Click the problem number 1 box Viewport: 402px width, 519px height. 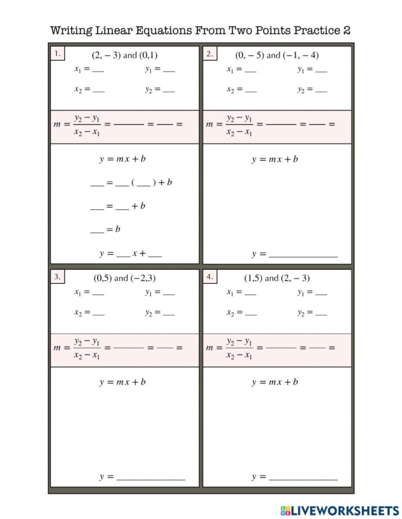click(58, 53)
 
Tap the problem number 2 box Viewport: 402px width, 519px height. click(209, 53)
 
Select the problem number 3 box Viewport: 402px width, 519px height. click(58, 277)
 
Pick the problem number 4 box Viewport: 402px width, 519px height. click(209, 277)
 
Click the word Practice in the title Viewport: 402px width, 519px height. click(317, 30)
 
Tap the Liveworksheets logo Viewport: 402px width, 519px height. click(340, 510)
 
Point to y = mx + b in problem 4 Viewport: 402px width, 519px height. click(275, 382)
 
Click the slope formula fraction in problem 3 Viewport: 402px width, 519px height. click(87, 348)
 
